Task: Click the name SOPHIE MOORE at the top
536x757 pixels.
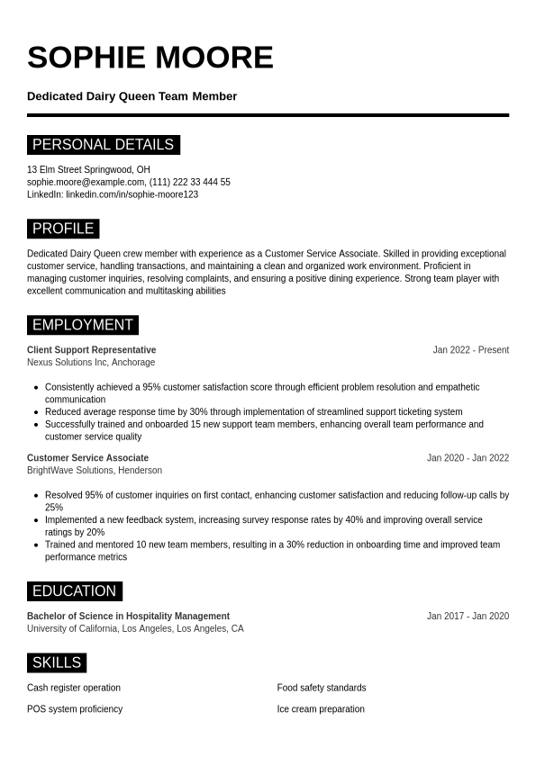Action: click(x=150, y=58)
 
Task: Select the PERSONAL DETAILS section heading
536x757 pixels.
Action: click(x=103, y=145)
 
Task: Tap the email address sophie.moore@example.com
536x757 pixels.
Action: click(x=86, y=182)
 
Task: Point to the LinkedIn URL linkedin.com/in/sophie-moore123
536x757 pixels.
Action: click(x=132, y=194)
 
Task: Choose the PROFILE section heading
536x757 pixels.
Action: click(x=63, y=229)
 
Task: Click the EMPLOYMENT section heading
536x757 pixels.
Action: click(x=82, y=325)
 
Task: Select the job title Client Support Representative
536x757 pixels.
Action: click(x=91, y=350)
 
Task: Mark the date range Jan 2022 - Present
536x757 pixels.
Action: click(x=470, y=350)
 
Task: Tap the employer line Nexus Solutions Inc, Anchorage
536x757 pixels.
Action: click(x=91, y=363)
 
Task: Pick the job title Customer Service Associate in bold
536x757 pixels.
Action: click(x=87, y=458)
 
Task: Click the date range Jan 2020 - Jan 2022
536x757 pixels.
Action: click(x=468, y=458)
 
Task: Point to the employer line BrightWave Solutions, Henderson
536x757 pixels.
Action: click(x=95, y=471)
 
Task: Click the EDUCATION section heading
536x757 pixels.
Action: click(x=74, y=591)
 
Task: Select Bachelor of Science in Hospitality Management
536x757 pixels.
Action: click(x=128, y=617)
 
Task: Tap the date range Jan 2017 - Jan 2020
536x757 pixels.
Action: click(x=468, y=617)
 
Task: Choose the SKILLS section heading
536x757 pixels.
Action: click(x=57, y=663)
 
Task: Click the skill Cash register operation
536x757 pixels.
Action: click(x=74, y=688)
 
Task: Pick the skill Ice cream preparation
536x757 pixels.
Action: click(x=321, y=709)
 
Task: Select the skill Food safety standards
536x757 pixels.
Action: click(x=322, y=688)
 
